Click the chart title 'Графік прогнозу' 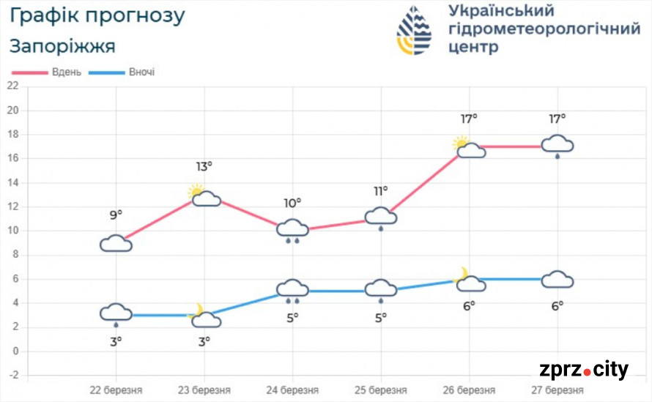point(97,15)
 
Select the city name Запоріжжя point(62,47)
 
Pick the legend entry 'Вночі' point(141,72)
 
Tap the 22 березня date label point(116,390)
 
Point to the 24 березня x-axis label point(292,390)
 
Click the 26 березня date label point(469,390)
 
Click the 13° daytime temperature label point(204,167)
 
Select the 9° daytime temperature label point(116,215)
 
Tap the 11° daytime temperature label point(380,191)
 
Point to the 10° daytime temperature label point(292,203)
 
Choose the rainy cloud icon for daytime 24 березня point(292,229)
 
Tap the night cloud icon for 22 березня point(116,313)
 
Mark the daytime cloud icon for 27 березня point(557,146)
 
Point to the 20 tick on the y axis point(12,111)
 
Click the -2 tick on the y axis point(12,375)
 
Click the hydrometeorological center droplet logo point(414,31)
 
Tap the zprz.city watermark point(583,371)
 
